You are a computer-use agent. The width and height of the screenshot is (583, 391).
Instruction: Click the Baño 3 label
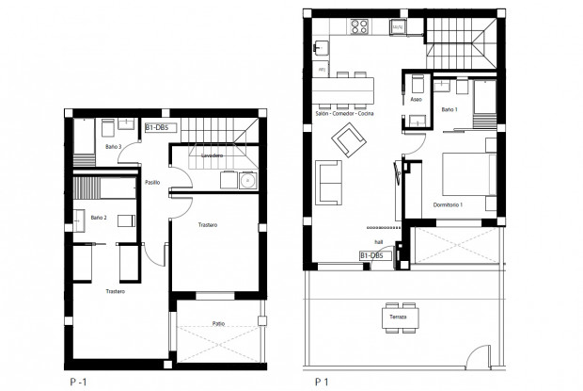(x=114, y=147)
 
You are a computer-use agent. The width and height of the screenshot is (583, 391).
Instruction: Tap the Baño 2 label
(x=99, y=218)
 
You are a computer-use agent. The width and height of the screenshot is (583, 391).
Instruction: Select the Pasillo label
(x=152, y=183)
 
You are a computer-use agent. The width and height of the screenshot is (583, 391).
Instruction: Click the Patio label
(x=218, y=323)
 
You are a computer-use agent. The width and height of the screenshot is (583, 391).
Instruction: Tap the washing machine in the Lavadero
(x=248, y=181)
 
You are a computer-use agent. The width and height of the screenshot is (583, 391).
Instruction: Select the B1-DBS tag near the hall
(x=374, y=254)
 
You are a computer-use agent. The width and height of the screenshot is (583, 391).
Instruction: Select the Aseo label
(x=417, y=97)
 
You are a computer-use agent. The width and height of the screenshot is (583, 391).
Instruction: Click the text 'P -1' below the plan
(x=80, y=383)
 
